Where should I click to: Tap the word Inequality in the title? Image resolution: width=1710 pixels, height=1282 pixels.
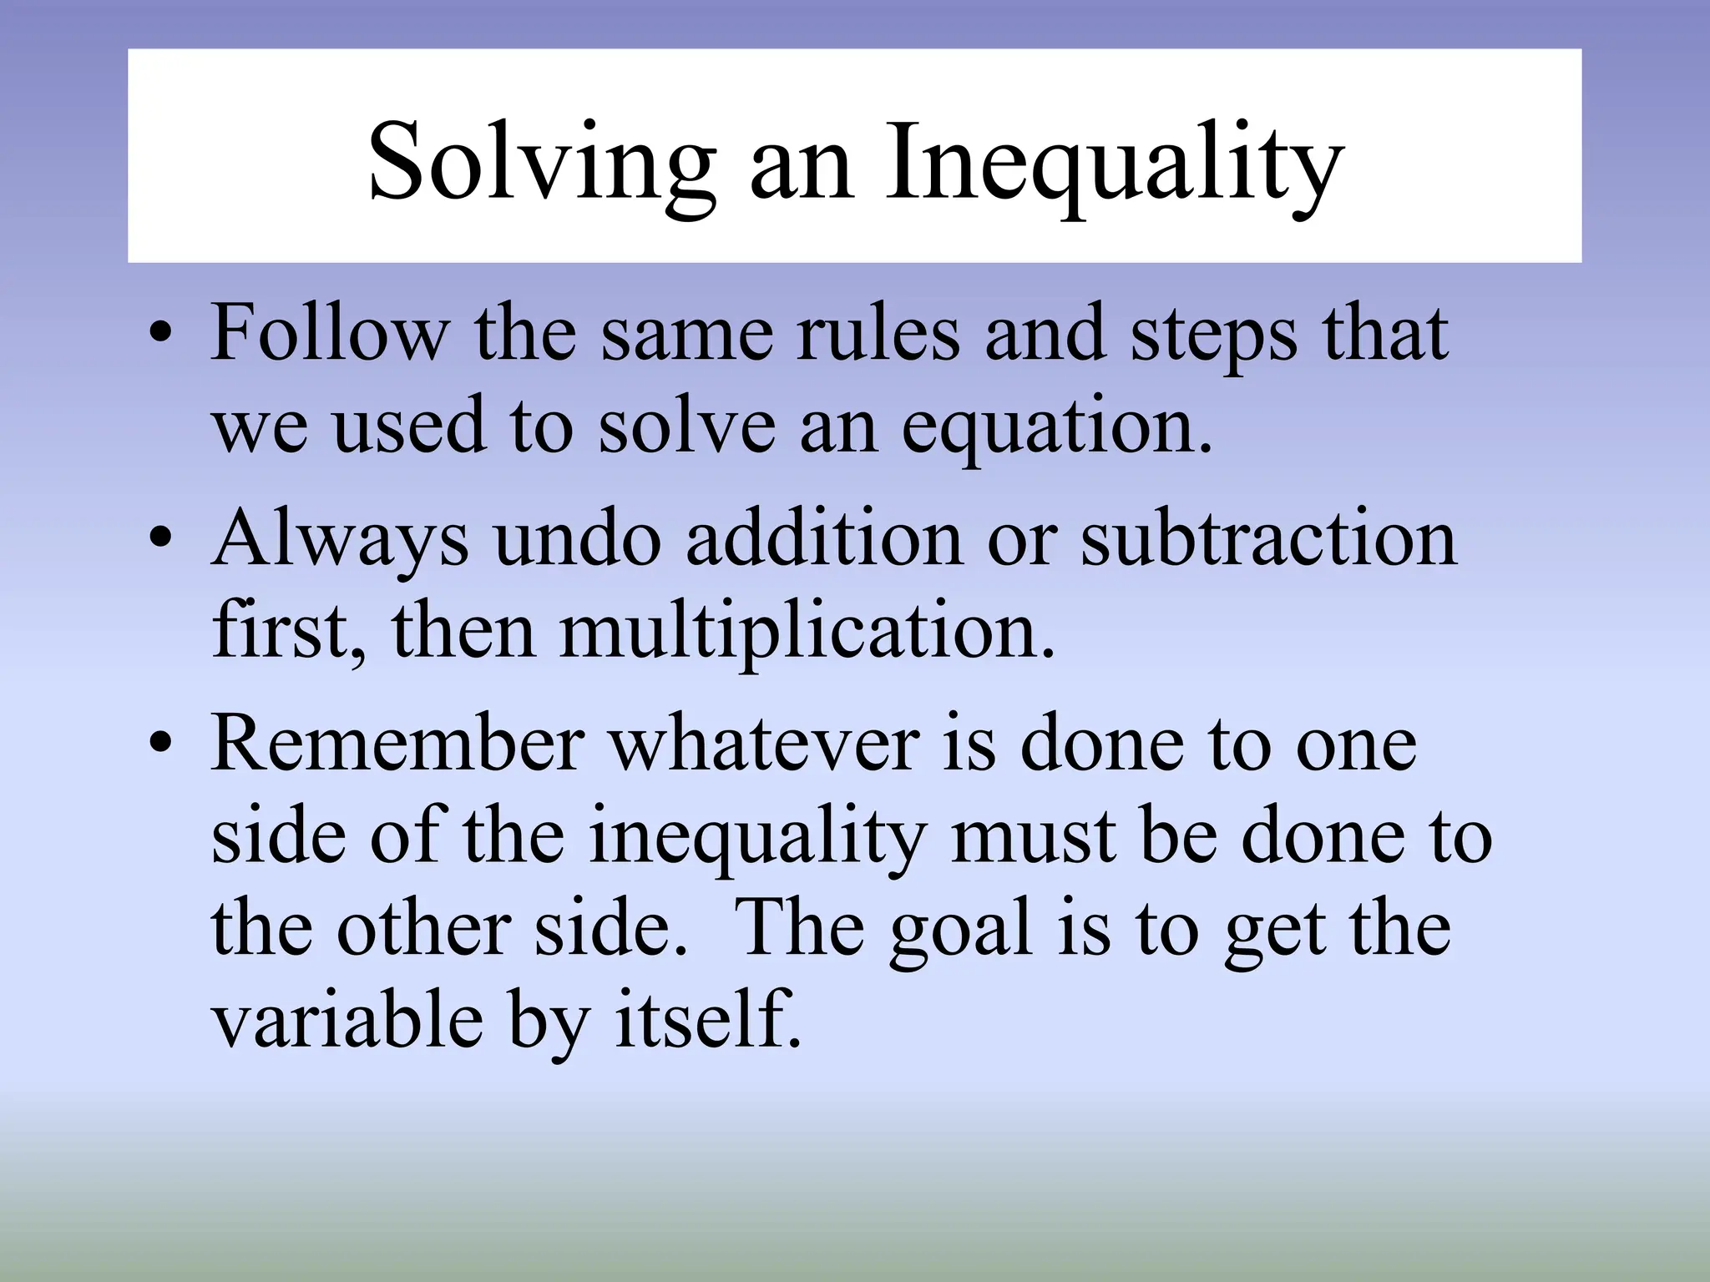1114,163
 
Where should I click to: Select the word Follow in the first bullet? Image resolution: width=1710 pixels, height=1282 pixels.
329,334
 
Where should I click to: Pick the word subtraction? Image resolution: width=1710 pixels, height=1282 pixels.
1268,539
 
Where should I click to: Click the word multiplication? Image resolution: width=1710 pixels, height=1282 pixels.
807,633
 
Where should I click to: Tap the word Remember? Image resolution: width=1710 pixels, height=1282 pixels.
397,744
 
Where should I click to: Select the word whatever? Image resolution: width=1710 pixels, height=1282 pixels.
764,744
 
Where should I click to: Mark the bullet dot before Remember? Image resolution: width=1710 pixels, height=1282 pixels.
159,745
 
